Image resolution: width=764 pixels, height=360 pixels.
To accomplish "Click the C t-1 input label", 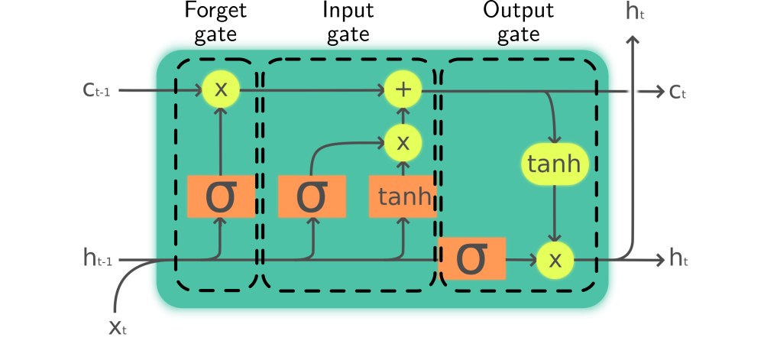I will click(97, 90).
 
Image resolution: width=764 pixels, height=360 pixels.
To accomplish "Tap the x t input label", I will click(117, 327).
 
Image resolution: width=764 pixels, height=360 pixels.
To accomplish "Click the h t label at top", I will click(635, 11).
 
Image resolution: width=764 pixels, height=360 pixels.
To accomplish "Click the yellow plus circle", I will click(403, 89).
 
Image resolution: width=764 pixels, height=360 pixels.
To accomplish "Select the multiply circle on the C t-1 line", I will click(221, 89).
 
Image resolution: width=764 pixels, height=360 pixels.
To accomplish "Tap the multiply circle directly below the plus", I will click(403, 141).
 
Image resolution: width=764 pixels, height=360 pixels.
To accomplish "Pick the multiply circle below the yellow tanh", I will click(555, 260).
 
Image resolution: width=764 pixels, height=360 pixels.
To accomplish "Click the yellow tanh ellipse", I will click(555, 164).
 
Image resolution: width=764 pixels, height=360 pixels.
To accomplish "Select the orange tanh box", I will click(403, 196).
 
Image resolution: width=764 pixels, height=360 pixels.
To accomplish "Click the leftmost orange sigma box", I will click(221, 196).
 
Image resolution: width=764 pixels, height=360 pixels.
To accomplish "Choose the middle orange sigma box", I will click(312, 196).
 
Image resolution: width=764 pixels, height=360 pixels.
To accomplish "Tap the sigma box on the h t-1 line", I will click(471, 258).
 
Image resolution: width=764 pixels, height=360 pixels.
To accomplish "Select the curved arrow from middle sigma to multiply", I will click(336, 143).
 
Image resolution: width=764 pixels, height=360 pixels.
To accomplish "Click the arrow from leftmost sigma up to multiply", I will click(221, 141).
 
